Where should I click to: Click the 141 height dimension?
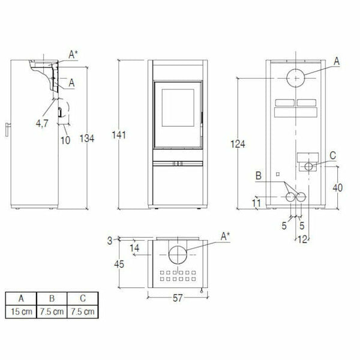[121, 136]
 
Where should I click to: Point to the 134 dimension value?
[87, 139]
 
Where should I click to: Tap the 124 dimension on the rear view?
[238, 143]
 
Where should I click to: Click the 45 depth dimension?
[120, 262]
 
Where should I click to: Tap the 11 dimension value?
[256, 204]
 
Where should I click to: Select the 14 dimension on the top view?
[135, 247]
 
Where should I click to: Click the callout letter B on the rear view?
[259, 175]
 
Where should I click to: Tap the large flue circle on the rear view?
[296, 78]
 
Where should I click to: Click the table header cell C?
[82, 298]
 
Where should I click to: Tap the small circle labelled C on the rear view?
[310, 166]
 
